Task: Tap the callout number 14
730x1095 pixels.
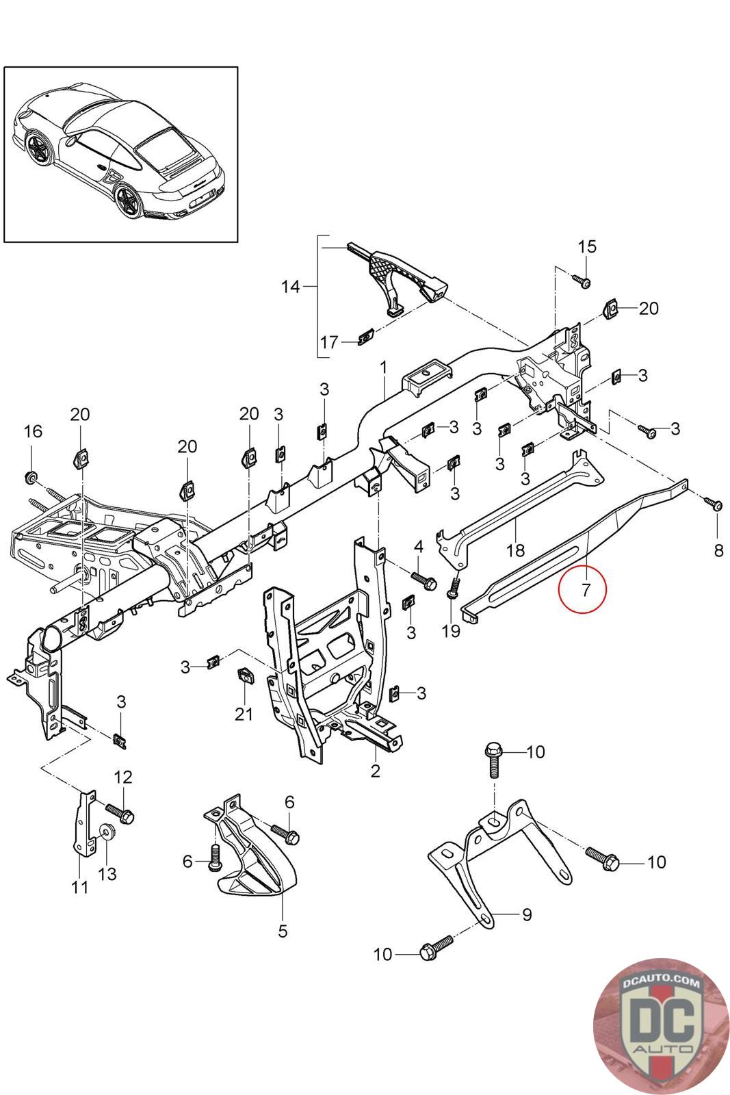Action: point(291,287)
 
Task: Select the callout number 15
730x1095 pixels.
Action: point(587,246)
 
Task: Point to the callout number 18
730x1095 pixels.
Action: point(515,550)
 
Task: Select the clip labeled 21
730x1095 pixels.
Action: point(245,676)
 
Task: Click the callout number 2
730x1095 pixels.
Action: point(375,771)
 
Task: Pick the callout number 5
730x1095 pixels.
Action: point(283,931)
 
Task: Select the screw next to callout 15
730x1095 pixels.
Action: point(582,281)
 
